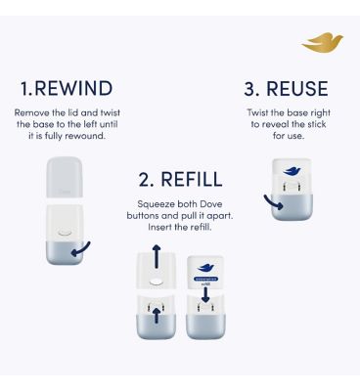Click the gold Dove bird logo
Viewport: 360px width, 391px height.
pos(323,43)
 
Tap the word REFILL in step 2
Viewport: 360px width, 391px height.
pos(191,180)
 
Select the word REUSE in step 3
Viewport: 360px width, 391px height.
pos(297,88)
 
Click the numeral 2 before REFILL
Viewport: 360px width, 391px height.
pos(145,180)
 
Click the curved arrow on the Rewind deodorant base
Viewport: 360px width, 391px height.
pos(85,247)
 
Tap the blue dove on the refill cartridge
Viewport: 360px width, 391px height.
pos(206,268)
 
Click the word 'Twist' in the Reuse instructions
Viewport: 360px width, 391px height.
pos(262,113)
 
